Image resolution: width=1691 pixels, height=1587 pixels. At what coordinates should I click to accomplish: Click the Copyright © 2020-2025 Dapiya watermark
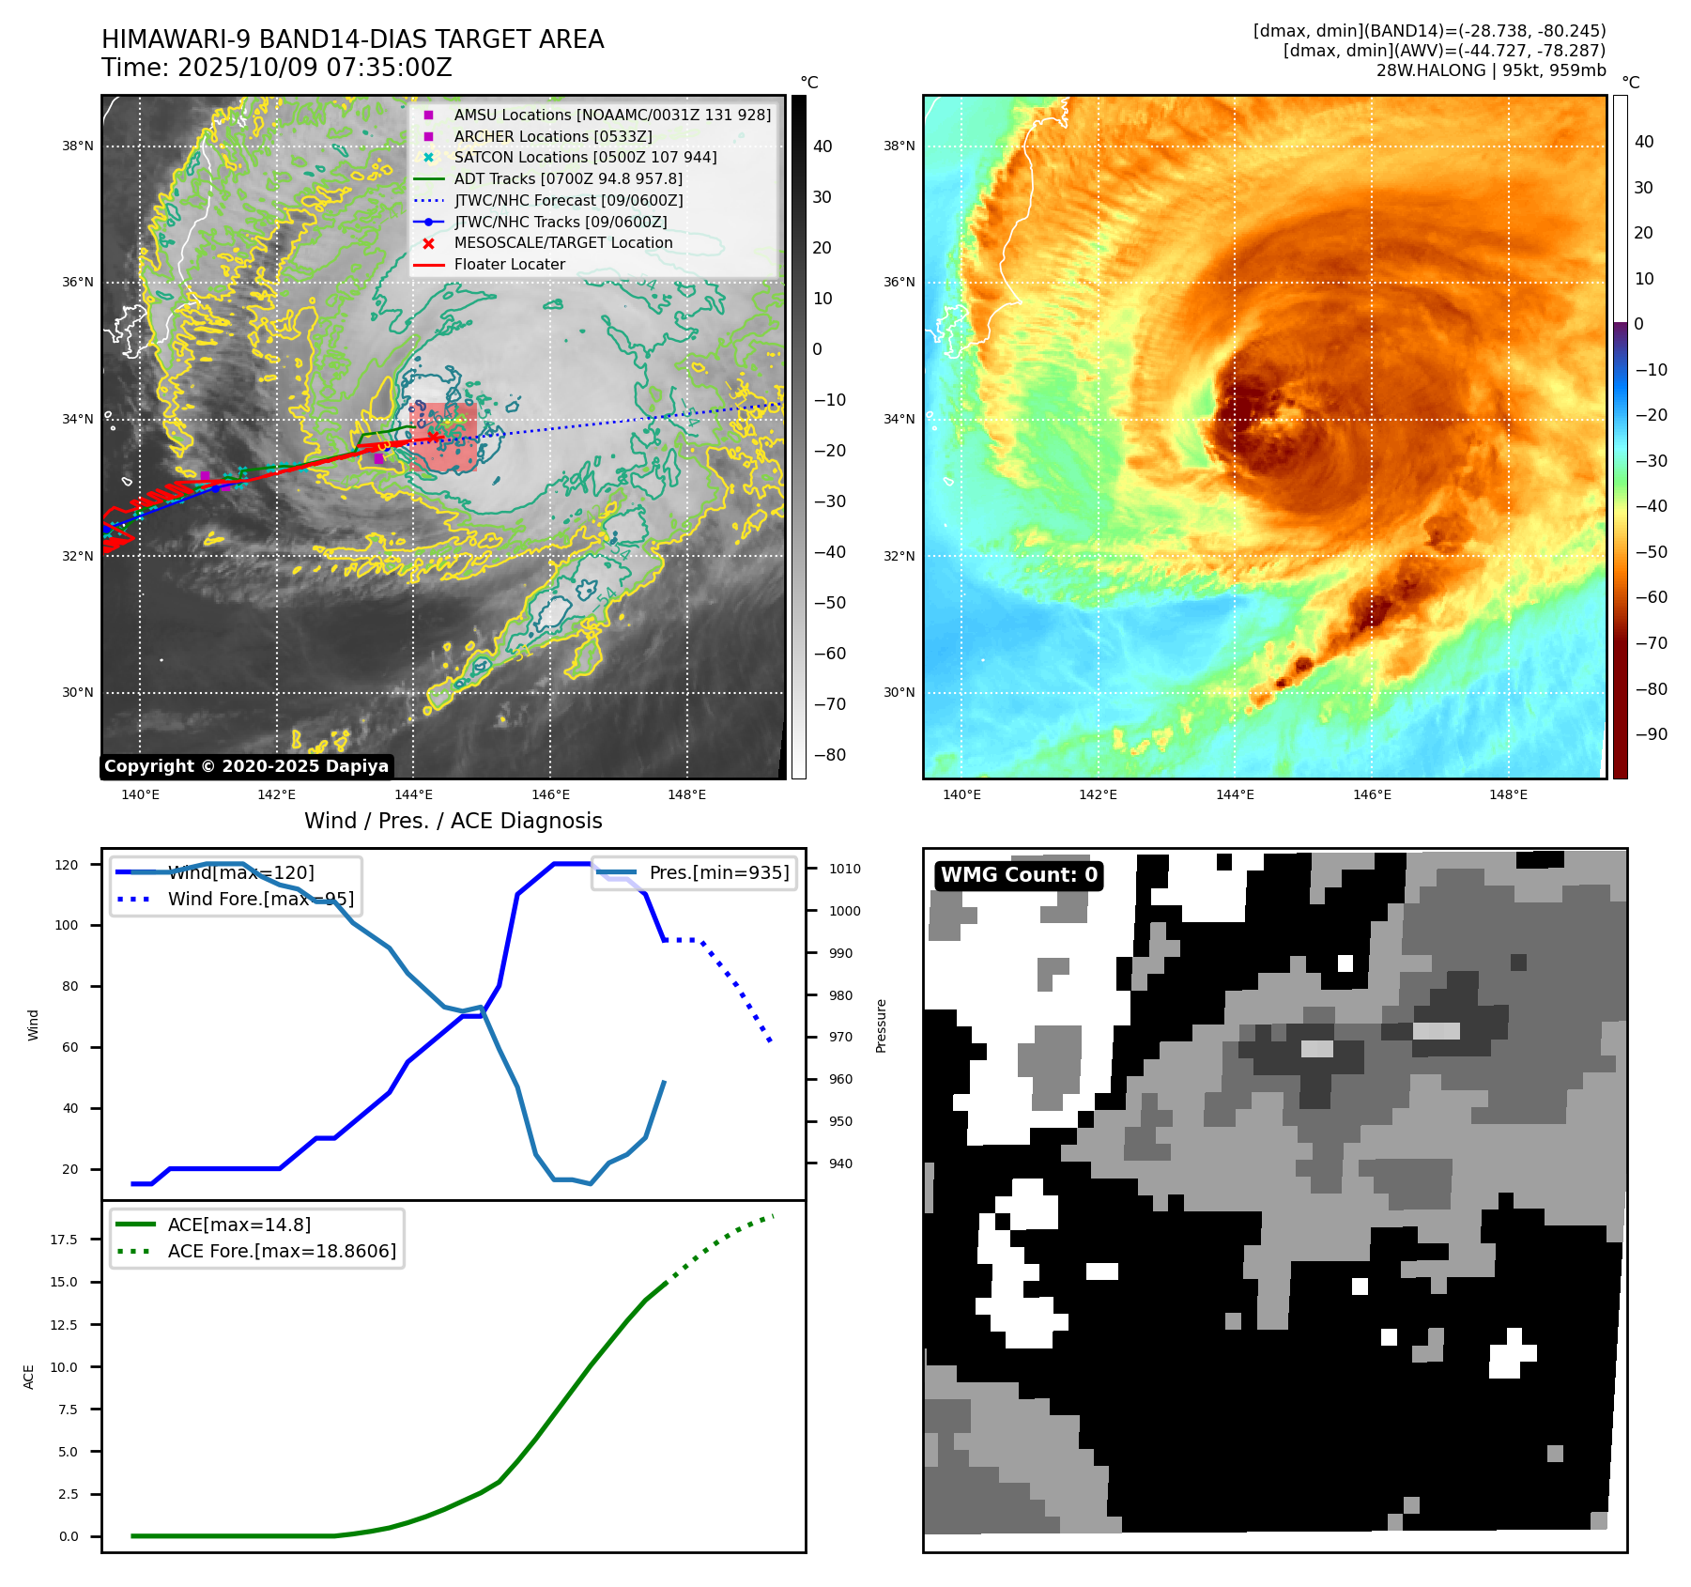point(246,766)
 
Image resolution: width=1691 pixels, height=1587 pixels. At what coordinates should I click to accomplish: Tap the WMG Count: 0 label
point(1019,875)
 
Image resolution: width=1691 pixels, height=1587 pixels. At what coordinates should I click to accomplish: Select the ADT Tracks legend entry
point(567,179)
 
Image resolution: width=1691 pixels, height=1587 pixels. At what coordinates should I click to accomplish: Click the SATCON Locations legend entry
point(584,158)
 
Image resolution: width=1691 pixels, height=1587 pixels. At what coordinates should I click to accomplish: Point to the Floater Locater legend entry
point(509,265)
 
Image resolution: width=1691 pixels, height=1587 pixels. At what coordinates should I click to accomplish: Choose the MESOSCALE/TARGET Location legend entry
point(562,243)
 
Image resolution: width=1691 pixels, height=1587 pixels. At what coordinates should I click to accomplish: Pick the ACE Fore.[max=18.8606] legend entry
point(281,1252)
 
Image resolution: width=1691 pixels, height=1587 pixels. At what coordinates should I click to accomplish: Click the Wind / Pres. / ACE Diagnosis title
point(453,822)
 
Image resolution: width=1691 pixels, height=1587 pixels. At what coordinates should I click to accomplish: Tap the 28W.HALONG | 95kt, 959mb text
point(1491,70)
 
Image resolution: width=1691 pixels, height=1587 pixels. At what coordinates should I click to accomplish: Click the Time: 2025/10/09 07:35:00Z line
point(277,69)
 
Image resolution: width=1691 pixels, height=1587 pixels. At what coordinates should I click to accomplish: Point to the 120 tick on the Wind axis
point(67,865)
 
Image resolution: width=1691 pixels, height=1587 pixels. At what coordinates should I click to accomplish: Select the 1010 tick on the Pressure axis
point(844,870)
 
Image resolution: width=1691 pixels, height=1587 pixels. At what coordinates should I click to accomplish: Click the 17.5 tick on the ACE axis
point(64,1240)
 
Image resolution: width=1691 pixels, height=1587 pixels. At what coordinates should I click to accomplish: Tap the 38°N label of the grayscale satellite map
point(78,146)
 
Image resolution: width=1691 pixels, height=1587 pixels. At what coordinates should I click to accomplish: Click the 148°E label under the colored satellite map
point(1508,795)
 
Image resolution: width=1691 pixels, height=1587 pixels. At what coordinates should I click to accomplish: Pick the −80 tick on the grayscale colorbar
point(829,755)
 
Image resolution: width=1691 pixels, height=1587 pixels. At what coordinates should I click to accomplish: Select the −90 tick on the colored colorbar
point(1651,734)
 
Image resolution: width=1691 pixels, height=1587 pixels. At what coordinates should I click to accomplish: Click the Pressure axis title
point(881,1025)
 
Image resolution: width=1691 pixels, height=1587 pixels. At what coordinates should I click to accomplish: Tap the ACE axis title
point(29,1377)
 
